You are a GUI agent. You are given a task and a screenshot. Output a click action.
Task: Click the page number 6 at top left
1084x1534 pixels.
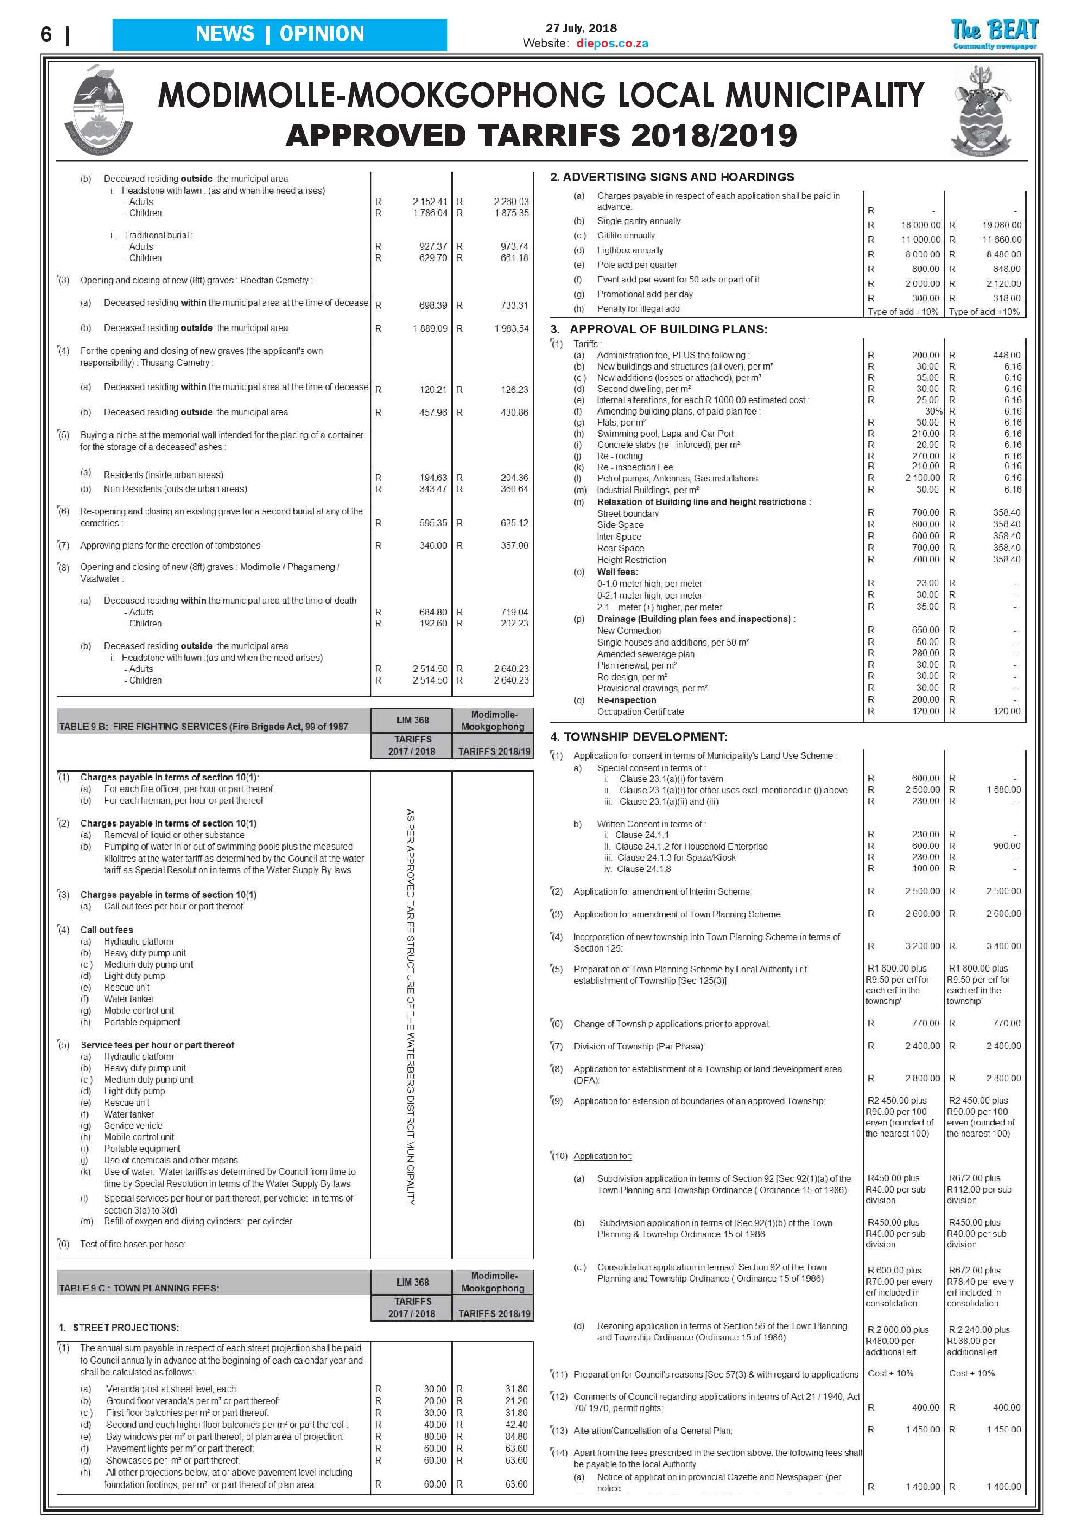pos(46,34)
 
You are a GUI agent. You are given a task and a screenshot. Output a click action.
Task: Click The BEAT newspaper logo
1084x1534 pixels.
pos(995,33)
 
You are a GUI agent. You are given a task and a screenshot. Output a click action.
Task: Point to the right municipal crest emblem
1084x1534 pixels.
pos(981,112)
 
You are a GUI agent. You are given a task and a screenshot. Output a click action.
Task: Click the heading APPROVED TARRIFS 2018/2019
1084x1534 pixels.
pos(541,135)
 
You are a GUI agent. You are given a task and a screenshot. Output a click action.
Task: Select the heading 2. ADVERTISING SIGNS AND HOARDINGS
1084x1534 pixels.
pos(672,177)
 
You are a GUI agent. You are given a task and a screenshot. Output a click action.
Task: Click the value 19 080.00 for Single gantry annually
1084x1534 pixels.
pos(1001,225)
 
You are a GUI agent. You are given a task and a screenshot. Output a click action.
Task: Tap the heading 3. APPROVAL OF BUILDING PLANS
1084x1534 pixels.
pos(659,329)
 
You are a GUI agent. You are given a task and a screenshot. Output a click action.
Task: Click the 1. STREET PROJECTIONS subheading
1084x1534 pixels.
pos(120,1328)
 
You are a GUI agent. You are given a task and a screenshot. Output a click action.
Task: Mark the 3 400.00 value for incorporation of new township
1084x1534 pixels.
pos(1003,946)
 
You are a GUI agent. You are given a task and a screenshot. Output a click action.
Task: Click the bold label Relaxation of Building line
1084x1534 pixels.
pos(704,502)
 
